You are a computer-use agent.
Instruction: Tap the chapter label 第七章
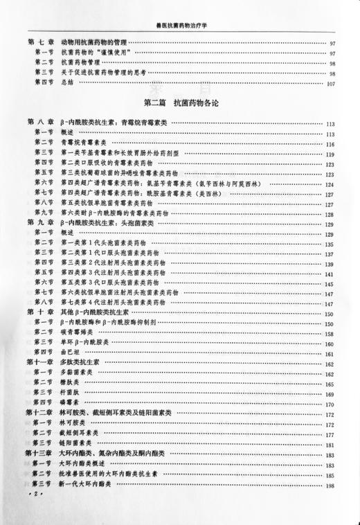point(42,44)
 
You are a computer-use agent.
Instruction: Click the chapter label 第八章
point(42,123)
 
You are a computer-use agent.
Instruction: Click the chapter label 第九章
point(42,224)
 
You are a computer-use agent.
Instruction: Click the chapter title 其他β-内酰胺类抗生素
point(105,313)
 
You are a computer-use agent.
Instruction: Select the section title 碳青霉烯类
point(78,333)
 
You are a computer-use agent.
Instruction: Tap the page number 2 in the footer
point(32,497)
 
